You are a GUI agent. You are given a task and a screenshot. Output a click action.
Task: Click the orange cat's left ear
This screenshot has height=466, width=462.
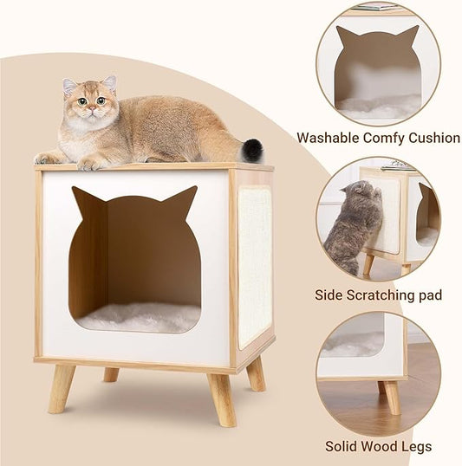point(69,86)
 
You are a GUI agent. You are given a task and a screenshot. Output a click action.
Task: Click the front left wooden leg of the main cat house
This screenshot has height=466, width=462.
point(61,387)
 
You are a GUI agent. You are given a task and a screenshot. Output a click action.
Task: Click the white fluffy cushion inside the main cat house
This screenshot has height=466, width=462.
point(139,317)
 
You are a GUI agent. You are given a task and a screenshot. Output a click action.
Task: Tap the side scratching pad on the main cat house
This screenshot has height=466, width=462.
point(255,265)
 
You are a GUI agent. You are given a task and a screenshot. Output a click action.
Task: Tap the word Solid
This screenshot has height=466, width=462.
point(342,447)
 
